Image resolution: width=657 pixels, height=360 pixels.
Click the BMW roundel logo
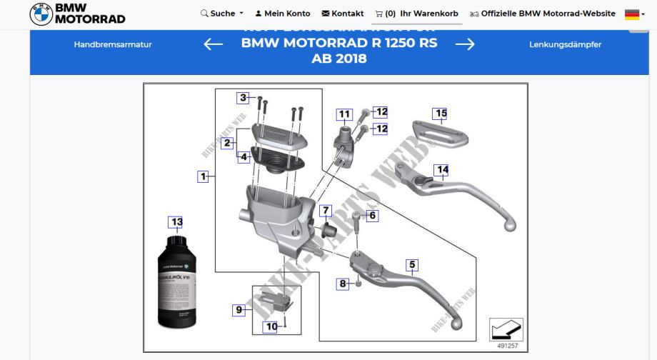point(41,14)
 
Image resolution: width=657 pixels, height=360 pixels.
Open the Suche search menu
point(222,14)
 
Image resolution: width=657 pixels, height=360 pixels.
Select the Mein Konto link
point(283,14)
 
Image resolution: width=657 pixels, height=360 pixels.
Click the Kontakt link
point(343,14)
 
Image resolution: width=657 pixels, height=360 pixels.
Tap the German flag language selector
point(633,14)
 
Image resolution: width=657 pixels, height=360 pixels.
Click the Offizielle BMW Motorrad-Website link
point(542,14)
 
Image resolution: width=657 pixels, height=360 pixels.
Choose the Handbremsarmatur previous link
point(113,44)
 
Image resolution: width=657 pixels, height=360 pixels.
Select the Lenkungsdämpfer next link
point(565,44)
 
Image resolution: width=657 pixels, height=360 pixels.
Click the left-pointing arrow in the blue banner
point(214,44)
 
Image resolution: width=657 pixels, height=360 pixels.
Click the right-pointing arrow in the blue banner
point(465,44)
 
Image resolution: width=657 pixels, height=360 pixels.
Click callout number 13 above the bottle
point(176,222)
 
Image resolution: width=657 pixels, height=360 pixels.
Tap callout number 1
point(204,176)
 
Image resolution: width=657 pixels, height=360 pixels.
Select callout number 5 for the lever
point(411,265)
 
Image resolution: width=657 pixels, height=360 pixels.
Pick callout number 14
point(443,169)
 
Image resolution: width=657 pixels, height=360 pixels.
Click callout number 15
point(441,113)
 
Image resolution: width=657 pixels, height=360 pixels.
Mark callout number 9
point(240,310)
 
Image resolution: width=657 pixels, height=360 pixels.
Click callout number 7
point(326,211)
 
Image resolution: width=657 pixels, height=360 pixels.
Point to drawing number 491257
point(508,346)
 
